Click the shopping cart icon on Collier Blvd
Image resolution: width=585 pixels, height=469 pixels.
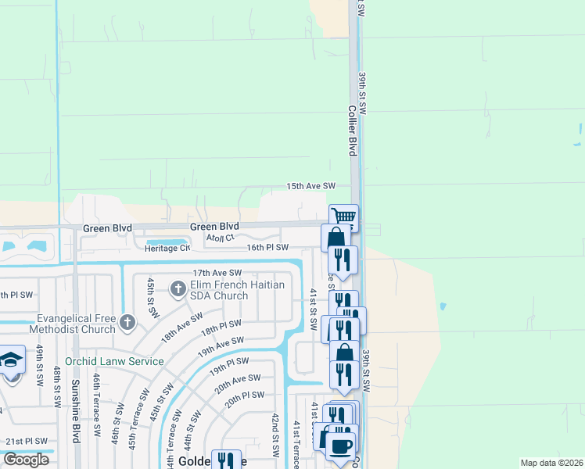click(344, 217)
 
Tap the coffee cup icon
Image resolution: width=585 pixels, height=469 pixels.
click(339, 446)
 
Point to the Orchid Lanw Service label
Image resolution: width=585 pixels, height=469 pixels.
click(114, 361)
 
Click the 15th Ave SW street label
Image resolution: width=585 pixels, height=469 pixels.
click(310, 186)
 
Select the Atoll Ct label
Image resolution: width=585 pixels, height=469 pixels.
click(220, 237)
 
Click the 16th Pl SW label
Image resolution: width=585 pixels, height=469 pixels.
click(267, 247)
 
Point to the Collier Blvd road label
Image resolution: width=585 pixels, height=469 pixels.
click(353, 130)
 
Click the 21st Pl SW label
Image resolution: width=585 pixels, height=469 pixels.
click(26, 442)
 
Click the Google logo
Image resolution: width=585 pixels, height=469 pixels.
click(25, 460)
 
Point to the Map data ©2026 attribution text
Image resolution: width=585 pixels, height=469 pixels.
click(551, 463)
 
